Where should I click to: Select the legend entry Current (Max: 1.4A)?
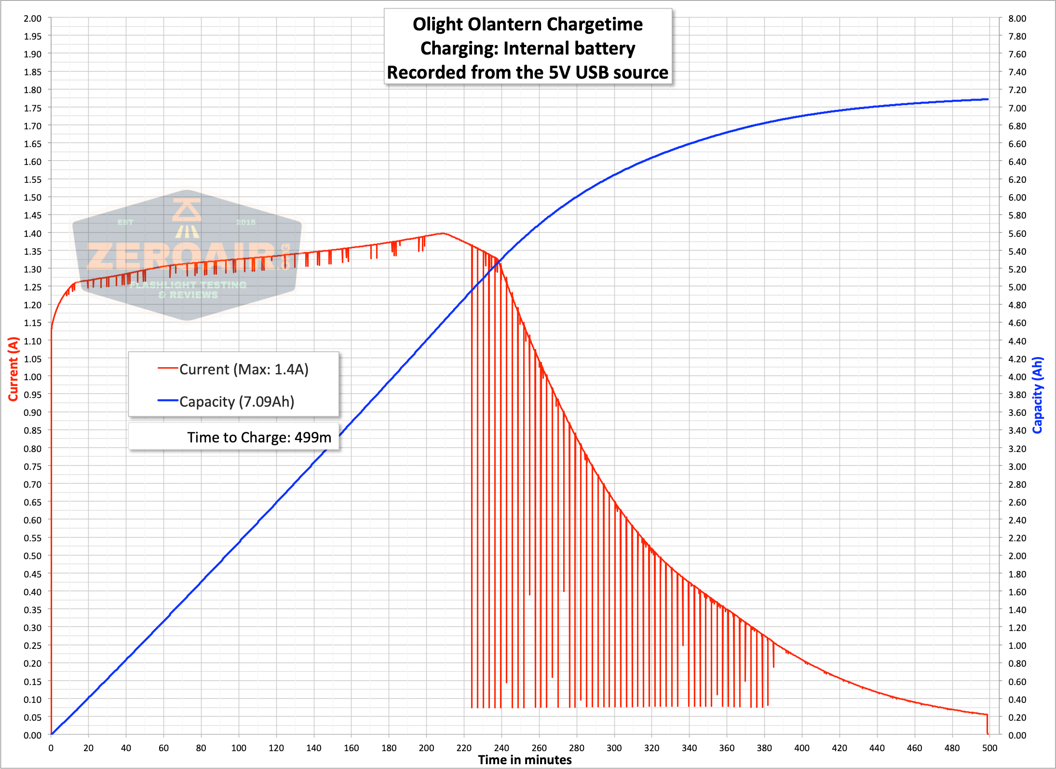coord(233,369)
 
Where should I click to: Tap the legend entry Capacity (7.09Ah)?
coord(226,401)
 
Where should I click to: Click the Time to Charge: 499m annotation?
coord(259,437)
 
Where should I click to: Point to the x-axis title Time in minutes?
coord(525,760)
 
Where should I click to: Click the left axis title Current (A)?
coord(13,369)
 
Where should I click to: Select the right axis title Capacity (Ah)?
coord(1037,395)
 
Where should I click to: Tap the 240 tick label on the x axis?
coord(501,748)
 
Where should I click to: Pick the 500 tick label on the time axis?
coord(989,748)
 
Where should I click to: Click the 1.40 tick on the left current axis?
coord(33,233)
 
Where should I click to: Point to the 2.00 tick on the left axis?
coord(33,18)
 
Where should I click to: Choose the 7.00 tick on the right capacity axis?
coord(1017,108)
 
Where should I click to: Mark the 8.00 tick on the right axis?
coord(1017,18)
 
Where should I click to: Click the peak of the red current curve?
coord(443,233)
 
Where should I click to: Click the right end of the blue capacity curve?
coord(988,99)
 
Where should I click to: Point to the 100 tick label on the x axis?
coord(239,748)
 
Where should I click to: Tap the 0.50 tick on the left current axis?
coord(33,556)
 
